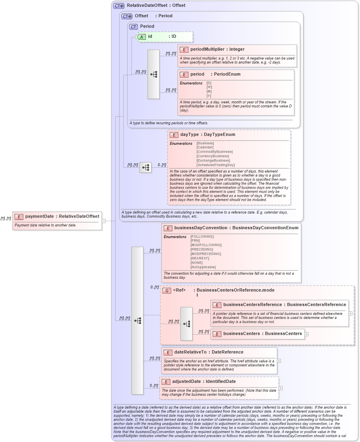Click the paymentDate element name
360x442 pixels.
[39, 216]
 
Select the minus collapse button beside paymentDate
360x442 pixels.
[104, 220]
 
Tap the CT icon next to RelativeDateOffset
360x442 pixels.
[119, 6]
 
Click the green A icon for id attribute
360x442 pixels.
[141, 37]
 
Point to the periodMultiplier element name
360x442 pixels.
[207, 49]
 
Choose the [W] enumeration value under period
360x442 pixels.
[209, 87]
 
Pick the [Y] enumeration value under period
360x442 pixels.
[209, 96]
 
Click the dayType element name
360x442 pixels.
[189, 135]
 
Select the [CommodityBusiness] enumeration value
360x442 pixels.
[214, 152]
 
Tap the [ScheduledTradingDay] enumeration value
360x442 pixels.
[215, 165]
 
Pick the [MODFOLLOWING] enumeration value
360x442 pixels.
[206, 245]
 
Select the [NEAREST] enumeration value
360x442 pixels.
[200, 258]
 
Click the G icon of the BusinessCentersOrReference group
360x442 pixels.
[167, 290]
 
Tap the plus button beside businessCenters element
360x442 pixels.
[307, 334]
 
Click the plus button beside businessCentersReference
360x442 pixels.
[351, 313]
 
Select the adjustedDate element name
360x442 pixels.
[186, 381]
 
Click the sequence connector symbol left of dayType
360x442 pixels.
[145, 167]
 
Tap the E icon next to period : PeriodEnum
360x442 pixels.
[184, 74]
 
